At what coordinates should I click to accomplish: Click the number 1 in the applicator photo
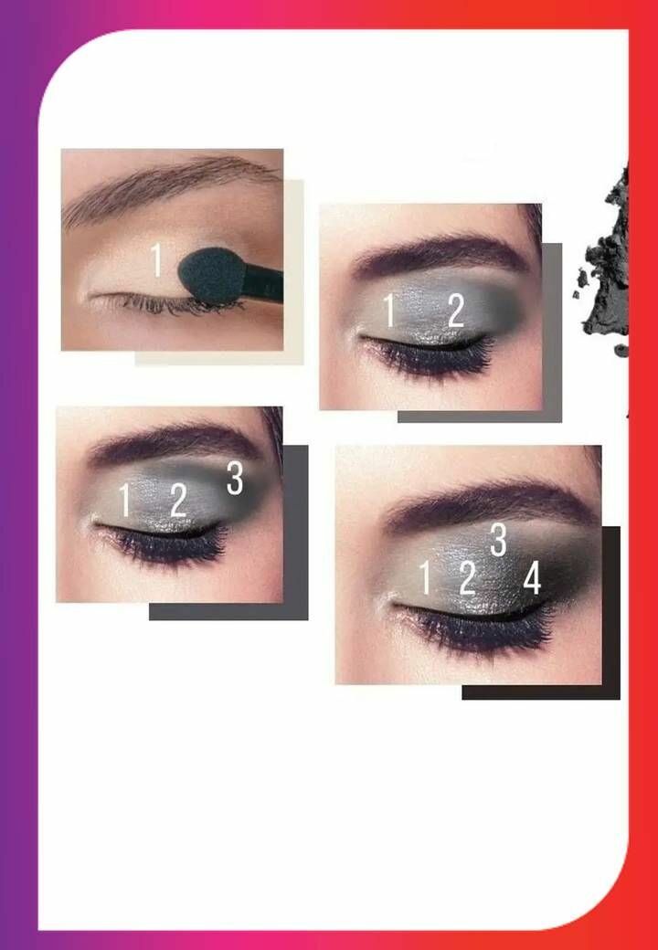(x=157, y=260)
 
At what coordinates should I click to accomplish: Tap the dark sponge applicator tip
(x=209, y=276)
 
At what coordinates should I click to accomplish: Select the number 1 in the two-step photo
(x=389, y=311)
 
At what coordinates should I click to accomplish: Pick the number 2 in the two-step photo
(x=456, y=311)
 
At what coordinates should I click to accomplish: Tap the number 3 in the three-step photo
(x=235, y=478)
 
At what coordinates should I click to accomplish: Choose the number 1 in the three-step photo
(x=124, y=500)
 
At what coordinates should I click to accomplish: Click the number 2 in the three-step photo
(x=178, y=500)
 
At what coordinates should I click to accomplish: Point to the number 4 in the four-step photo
(x=532, y=577)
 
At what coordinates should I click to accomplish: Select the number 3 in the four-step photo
(x=498, y=540)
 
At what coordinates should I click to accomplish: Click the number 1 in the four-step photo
(x=425, y=577)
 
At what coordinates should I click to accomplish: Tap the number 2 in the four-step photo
(x=467, y=578)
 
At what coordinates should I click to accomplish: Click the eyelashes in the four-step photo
(x=479, y=630)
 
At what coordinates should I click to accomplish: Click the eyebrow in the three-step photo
(x=175, y=442)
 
